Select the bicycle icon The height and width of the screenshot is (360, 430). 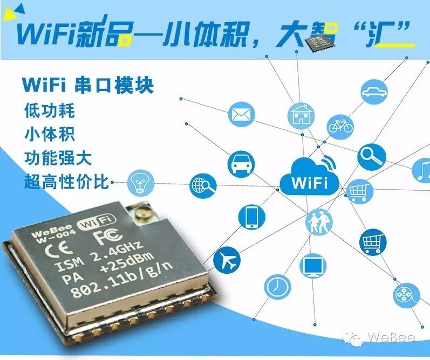(340, 126)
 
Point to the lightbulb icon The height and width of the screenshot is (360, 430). (139, 183)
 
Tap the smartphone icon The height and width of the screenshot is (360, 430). (251, 217)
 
